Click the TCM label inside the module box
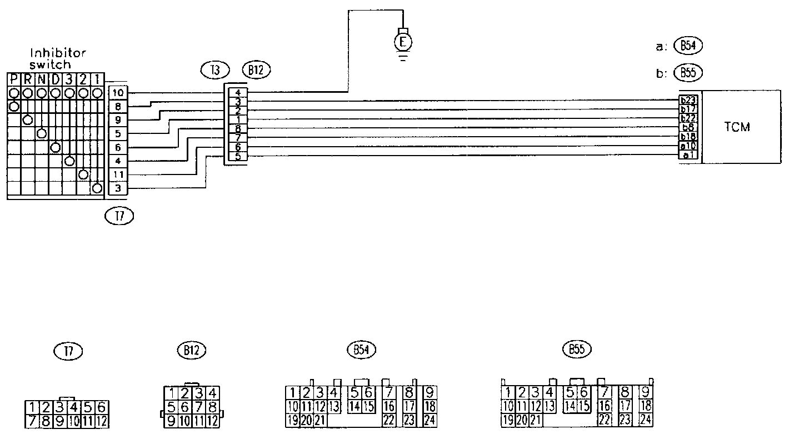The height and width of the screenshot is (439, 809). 737,127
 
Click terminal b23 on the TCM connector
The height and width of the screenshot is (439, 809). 688,101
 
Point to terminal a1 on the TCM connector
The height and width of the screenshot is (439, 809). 688,155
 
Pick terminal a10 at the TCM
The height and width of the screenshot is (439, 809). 688,146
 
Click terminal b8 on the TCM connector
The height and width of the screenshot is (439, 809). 688,128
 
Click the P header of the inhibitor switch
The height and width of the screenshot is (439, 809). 14,79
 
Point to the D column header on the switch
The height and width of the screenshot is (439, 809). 55,79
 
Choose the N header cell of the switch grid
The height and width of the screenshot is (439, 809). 41,79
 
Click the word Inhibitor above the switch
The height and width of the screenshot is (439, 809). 58,54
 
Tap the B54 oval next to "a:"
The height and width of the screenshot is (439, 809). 688,47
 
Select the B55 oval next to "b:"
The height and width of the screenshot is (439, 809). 688,72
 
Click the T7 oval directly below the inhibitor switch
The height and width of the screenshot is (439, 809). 119,217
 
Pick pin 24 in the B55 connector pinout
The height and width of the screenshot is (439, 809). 645,420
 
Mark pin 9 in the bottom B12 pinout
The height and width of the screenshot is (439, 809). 172,421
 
